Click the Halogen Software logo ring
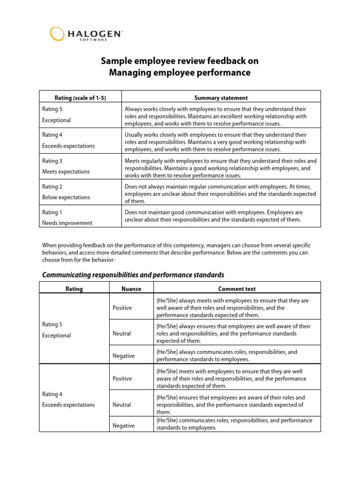pyautogui.click(x=57, y=34)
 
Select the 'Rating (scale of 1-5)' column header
pyautogui.click(x=80, y=98)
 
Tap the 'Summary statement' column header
pyautogui.click(x=221, y=98)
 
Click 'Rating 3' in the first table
pyautogui.click(x=52, y=161)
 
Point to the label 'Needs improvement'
pyautogui.click(x=67, y=223)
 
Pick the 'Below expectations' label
pyautogui.click(x=66, y=197)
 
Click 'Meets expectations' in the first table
pyautogui.click(x=66, y=172)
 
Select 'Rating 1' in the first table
pyautogui.click(x=52, y=212)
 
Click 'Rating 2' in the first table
pyautogui.click(x=52, y=187)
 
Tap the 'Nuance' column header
pyautogui.click(x=131, y=289)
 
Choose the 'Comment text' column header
pyautogui.click(x=237, y=289)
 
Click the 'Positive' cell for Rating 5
pyautogui.click(x=122, y=308)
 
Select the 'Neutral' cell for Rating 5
pyautogui.click(x=121, y=333)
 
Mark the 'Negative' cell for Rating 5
pyautogui.click(x=123, y=356)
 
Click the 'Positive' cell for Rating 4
pyautogui.click(x=122, y=378)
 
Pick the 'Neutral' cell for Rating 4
pyautogui.click(x=121, y=405)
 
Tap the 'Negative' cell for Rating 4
pyautogui.click(x=123, y=426)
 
